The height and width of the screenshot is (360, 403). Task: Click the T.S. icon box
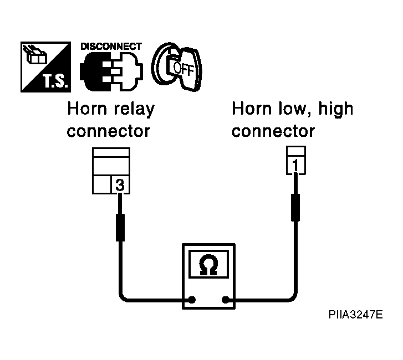click(x=46, y=67)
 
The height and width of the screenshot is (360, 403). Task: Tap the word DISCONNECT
click(x=111, y=47)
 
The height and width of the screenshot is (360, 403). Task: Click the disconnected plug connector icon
click(x=111, y=71)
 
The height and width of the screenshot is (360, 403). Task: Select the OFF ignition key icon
click(x=177, y=67)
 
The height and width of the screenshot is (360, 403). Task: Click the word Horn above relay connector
click(x=87, y=109)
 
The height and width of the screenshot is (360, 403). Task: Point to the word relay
click(x=134, y=110)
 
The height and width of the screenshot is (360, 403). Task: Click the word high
click(x=336, y=109)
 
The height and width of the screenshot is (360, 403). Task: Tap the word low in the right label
click(x=294, y=109)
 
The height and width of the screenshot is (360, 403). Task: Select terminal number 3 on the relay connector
click(x=120, y=184)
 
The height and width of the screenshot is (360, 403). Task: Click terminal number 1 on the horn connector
click(x=296, y=165)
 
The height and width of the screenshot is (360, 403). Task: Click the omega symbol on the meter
click(x=208, y=265)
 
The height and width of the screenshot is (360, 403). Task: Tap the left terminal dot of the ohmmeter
click(x=192, y=300)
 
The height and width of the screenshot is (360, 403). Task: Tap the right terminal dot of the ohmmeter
click(x=226, y=300)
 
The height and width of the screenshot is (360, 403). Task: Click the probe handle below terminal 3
click(x=120, y=228)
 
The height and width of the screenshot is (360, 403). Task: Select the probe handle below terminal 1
click(x=295, y=208)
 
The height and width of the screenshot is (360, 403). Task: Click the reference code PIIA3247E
click(x=356, y=315)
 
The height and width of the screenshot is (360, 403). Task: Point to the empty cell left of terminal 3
click(x=102, y=184)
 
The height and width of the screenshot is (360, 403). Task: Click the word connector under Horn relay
click(x=109, y=131)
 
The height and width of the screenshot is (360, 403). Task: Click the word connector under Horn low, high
click(x=273, y=131)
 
